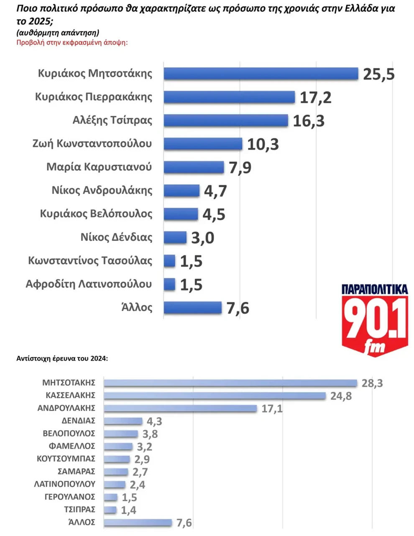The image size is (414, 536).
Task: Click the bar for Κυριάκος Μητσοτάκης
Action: click(x=261, y=74)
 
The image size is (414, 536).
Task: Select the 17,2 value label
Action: click(x=316, y=97)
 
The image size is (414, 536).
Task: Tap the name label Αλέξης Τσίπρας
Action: click(x=112, y=120)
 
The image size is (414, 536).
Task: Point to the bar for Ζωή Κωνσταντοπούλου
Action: click(x=203, y=144)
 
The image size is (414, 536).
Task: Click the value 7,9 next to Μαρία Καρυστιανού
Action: click(x=240, y=168)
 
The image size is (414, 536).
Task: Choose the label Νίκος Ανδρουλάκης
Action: click(x=102, y=191)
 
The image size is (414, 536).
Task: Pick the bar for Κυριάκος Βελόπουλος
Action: click(x=181, y=214)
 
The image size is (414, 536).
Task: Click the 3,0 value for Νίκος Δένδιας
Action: click(x=203, y=238)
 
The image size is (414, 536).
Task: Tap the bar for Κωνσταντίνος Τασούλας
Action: click(x=169, y=261)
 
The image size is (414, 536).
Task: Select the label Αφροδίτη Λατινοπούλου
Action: click(x=89, y=284)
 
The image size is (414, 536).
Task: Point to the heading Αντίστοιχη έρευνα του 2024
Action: click(x=62, y=359)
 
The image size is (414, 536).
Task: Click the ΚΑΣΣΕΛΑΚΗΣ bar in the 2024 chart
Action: click(x=215, y=396)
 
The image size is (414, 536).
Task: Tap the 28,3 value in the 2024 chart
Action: click(x=372, y=383)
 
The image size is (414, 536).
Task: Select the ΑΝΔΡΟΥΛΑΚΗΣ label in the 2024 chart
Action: click(x=66, y=408)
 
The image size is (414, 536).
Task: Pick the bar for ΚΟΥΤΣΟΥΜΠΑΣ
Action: click(x=117, y=459)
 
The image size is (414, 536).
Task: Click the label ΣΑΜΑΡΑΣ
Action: click(x=77, y=472)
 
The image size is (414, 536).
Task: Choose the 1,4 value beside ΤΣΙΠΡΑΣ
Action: click(x=128, y=510)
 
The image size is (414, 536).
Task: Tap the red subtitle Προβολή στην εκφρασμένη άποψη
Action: click(x=72, y=42)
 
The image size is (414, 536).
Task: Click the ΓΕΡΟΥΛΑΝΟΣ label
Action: click(x=70, y=497)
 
